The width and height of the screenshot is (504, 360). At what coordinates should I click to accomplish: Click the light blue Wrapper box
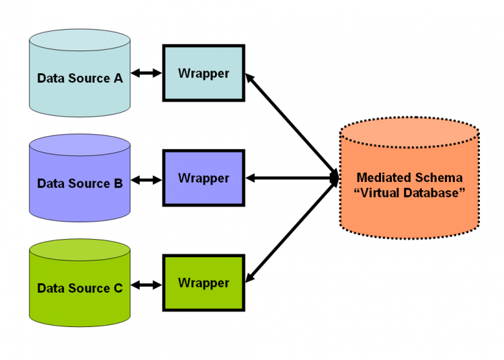click(x=203, y=73)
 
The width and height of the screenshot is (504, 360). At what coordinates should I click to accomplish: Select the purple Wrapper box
click(x=203, y=178)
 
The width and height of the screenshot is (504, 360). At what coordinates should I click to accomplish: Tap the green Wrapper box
click(x=203, y=283)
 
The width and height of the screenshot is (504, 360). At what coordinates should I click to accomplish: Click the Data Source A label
click(x=79, y=78)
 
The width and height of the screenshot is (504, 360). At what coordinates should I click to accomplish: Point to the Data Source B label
click(x=79, y=183)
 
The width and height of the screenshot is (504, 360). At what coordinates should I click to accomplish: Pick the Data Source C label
click(x=79, y=288)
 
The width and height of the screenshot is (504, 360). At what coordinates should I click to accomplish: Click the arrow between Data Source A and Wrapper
click(x=146, y=73)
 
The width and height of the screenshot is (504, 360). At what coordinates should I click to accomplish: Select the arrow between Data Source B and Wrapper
click(x=146, y=179)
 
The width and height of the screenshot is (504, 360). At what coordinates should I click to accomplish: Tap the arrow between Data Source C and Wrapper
click(x=146, y=285)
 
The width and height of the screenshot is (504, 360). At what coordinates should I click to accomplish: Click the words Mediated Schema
click(x=409, y=178)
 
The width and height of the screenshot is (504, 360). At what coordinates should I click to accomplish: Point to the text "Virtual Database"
click(x=409, y=193)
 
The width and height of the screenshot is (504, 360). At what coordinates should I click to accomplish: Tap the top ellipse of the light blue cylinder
click(x=79, y=38)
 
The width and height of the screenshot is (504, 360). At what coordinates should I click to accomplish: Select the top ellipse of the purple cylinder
click(x=79, y=145)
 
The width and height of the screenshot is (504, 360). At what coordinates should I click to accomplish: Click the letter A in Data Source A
click(x=118, y=78)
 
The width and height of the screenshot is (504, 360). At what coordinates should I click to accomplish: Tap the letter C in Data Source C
click(x=118, y=288)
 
